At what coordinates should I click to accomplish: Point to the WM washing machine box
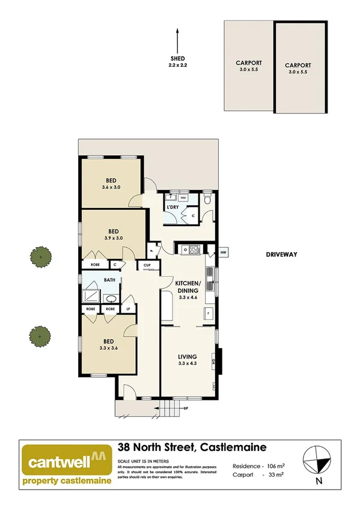183,197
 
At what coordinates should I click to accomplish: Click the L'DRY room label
172,207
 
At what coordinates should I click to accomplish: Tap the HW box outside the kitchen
223,252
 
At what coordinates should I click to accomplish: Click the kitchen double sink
211,275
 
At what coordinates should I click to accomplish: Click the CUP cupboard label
147,265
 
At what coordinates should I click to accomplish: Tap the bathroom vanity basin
111,298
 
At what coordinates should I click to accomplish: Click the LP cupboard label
128,309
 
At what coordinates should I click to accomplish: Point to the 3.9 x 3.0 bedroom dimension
113,238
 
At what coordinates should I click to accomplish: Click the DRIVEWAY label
282,254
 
